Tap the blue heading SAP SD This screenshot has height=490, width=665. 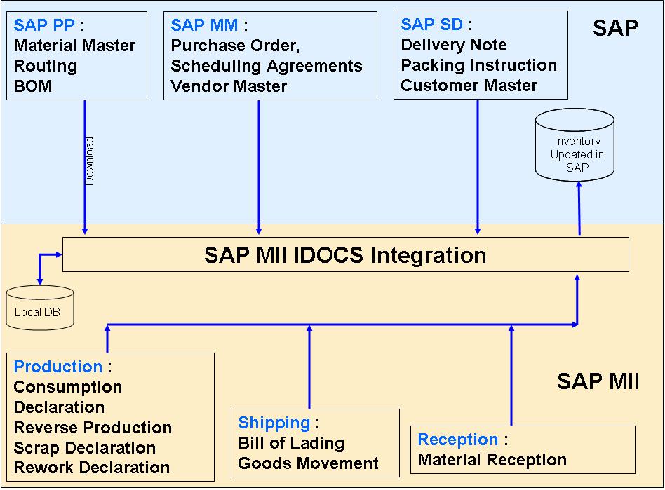click(431, 25)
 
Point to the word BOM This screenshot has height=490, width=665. click(33, 87)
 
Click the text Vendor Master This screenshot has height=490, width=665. click(229, 86)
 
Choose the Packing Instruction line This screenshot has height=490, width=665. click(478, 65)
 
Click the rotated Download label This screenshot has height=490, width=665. click(90, 161)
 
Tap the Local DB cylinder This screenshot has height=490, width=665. click(39, 309)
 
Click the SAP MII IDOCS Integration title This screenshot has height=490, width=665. click(345, 254)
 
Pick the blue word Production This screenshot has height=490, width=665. click(58, 367)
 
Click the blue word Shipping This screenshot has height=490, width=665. click(274, 423)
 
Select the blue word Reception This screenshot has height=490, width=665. click(458, 440)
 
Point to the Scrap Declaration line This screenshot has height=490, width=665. click(84, 447)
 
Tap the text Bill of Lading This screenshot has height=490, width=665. click(291, 443)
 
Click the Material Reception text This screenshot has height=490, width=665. click(492, 460)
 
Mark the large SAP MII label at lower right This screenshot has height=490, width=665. click(598, 381)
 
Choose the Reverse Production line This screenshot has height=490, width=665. click(93, 427)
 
